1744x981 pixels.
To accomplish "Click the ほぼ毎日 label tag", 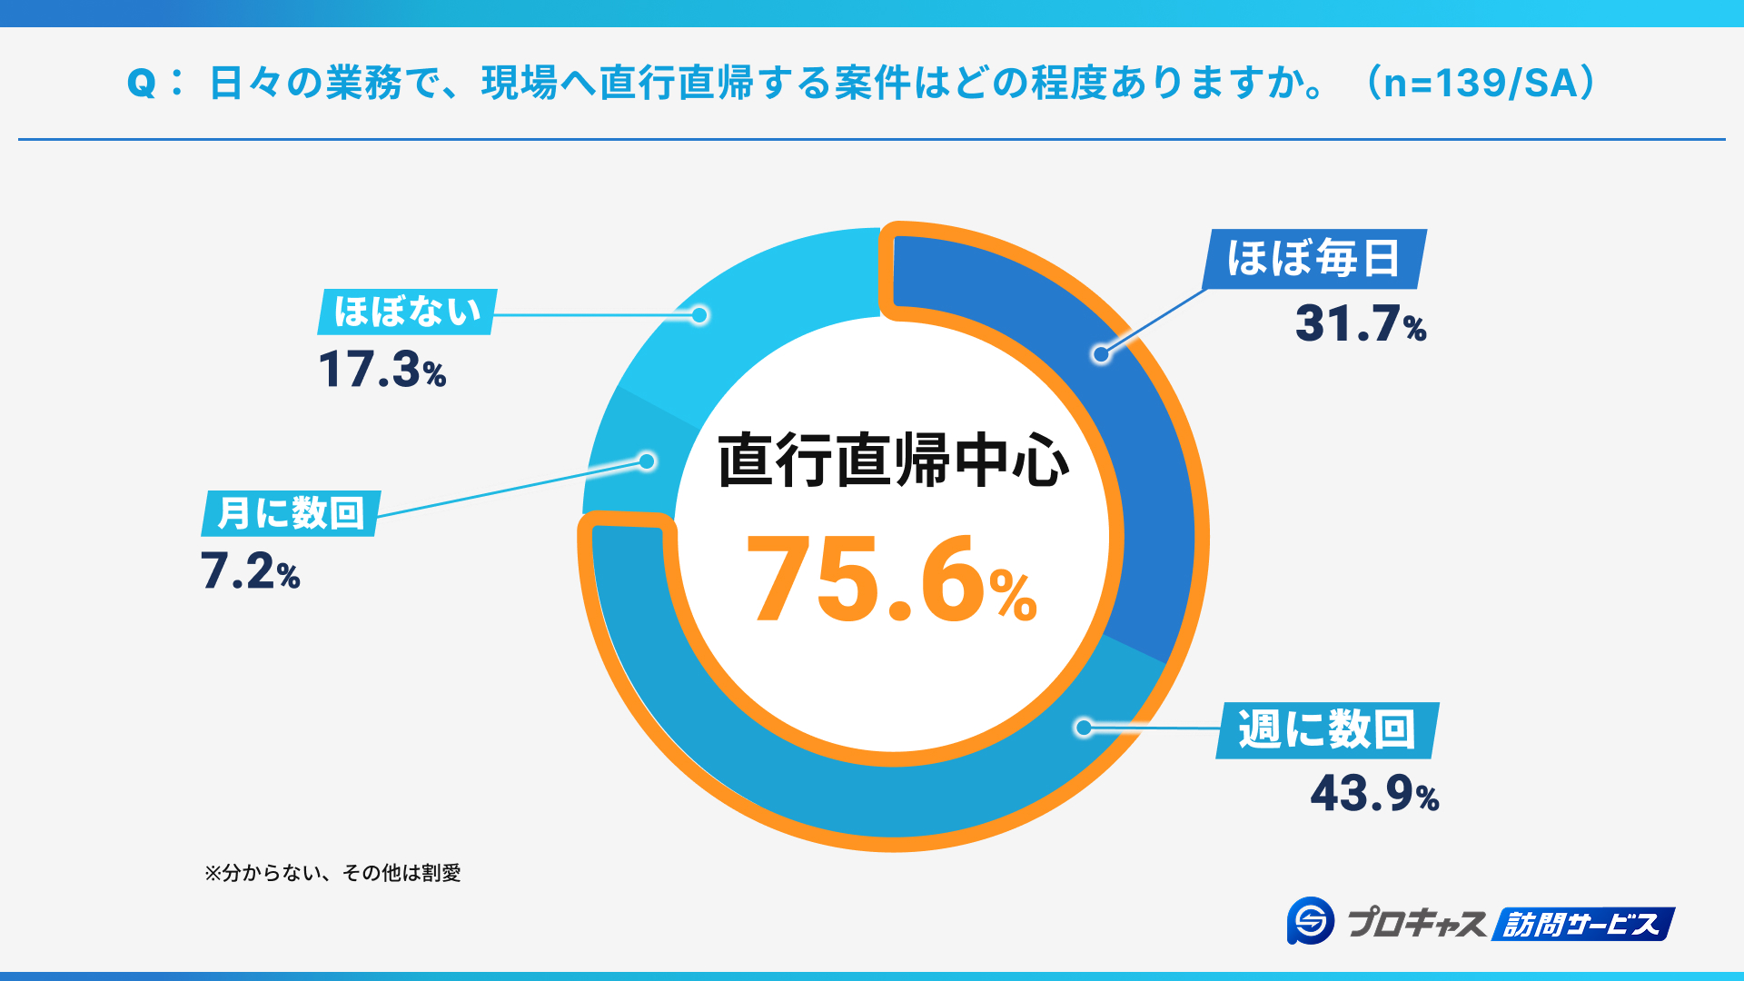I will click(1313, 259).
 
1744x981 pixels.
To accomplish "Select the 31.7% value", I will click(1360, 324).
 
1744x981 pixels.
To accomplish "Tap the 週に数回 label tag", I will click(1327, 729).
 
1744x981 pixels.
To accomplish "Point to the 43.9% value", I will click(1373, 794).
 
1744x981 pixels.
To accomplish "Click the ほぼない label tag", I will click(407, 312).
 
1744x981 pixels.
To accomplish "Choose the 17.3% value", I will click(381, 371).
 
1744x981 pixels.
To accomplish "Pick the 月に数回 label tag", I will click(291, 513).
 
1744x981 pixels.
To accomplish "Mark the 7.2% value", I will click(250, 572).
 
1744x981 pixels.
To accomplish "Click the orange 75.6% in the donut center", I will click(890, 581).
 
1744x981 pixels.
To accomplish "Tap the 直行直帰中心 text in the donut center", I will click(893, 461).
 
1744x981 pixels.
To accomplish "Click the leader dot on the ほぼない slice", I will click(699, 315).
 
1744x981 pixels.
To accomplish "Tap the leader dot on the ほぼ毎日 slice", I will click(1101, 354).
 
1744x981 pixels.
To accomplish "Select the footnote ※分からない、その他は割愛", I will click(332, 873).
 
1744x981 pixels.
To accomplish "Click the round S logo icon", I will click(1310, 921).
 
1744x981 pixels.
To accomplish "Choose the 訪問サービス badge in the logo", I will click(1582, 925).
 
